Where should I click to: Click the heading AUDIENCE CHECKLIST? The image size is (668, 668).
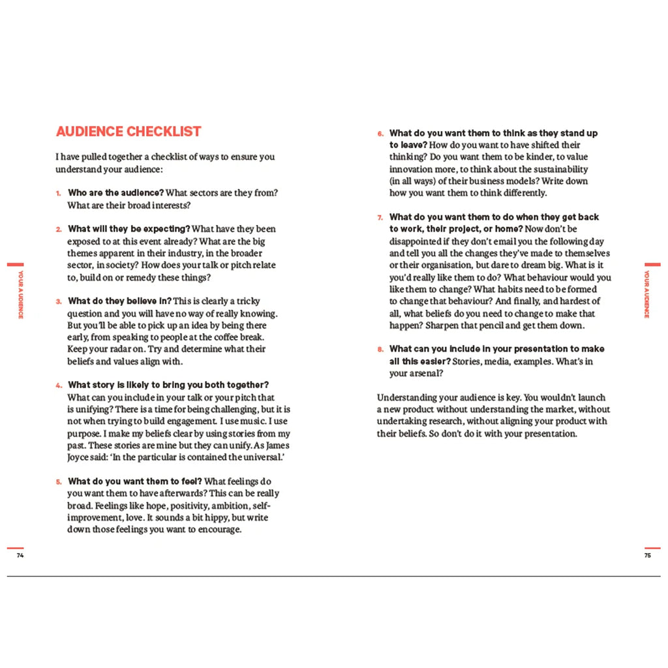(129, 132)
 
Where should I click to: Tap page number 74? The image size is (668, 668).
(20, 556)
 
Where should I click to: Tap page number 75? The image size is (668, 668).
(647, 556)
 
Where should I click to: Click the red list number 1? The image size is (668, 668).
(57, 194)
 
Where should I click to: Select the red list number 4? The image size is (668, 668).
(57, 386)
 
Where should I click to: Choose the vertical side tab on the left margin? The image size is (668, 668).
(20, 294)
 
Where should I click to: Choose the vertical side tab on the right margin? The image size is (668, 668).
(647, 294)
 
